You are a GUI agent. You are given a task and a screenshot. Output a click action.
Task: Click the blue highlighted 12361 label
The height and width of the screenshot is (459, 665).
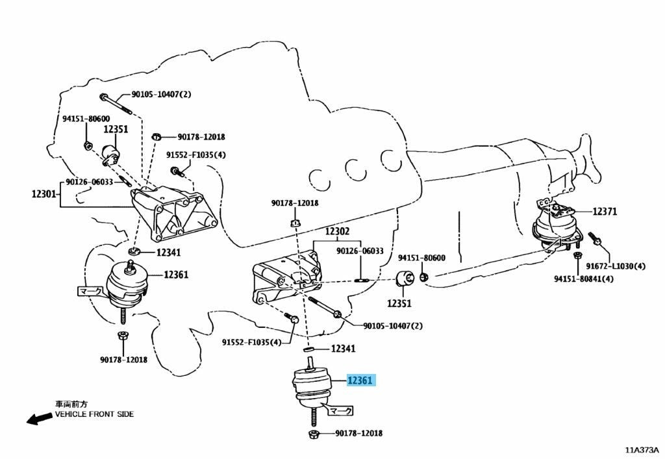pos(360,380)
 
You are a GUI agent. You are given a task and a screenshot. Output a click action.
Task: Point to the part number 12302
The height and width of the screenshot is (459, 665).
pos(338,231)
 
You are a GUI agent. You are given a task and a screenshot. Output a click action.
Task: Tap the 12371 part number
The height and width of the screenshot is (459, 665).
pos(605,212)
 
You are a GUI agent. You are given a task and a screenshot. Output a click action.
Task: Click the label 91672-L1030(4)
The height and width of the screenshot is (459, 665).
pos(616,266)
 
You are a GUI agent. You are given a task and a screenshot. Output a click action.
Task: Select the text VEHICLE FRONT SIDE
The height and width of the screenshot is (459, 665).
pos(94,414)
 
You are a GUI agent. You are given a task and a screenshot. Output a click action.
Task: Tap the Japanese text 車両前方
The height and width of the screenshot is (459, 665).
pos(71,404)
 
